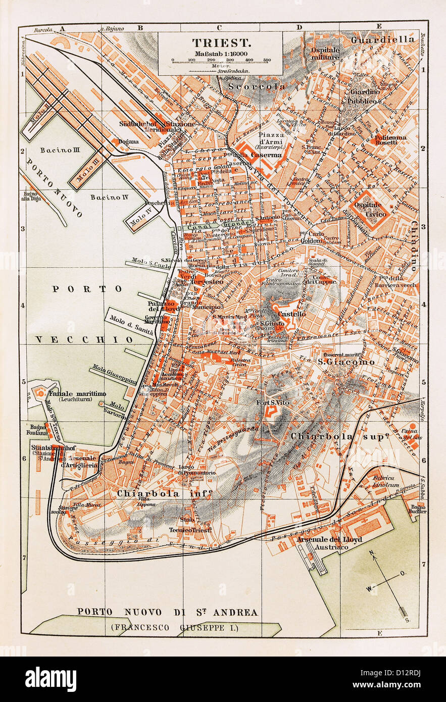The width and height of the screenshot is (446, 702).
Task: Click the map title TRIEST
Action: [x=220, y=43]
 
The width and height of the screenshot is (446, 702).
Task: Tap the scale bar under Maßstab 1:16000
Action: [x=220, y=60]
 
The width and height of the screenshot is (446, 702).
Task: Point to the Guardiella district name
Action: [x=383, y=39]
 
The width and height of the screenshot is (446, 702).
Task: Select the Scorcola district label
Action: [x=257, y=86]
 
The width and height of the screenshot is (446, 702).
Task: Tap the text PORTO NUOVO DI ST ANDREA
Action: [x=167, y=612]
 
